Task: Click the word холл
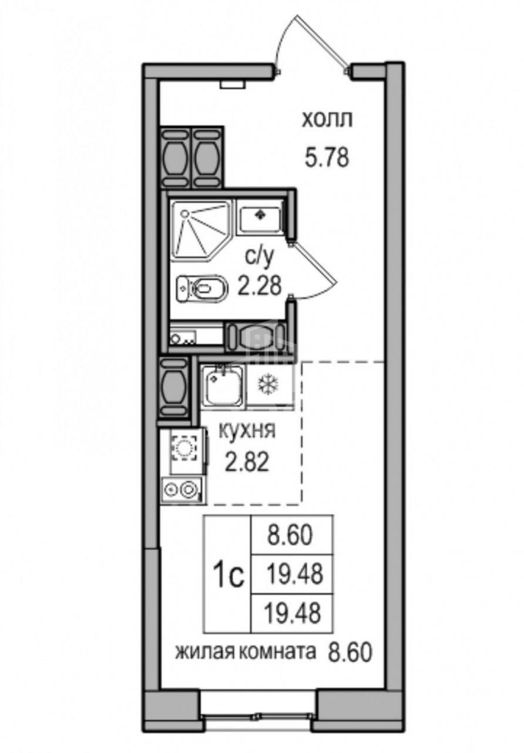327,121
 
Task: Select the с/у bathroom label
260,258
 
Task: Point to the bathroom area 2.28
259,286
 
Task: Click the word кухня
247,431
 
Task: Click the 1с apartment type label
229,577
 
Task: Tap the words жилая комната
246,642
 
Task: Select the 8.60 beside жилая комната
350,642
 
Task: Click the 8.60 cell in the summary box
290,535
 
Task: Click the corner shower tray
201,230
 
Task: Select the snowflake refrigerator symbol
268,384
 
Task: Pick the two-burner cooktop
182,490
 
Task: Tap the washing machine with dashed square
184,447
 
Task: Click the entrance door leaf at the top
321,39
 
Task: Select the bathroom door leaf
313,263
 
